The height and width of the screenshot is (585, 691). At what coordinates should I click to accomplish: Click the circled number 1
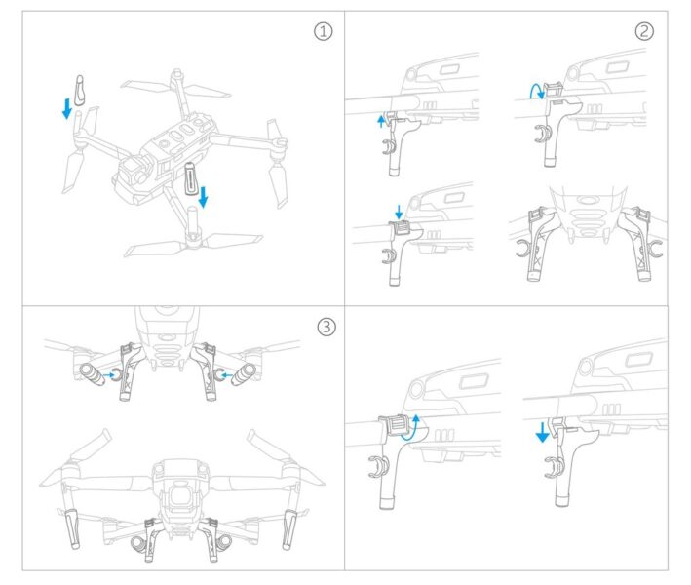pos(323,31)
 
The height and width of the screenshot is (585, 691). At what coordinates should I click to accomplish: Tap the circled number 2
pos(644,31)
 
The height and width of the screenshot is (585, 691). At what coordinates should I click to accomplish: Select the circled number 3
pos(326,327)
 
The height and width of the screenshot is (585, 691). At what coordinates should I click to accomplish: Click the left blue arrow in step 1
pos(67,106)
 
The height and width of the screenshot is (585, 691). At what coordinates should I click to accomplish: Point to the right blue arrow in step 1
pos(202,197)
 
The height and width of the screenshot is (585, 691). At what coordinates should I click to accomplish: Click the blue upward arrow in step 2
pos(381,120)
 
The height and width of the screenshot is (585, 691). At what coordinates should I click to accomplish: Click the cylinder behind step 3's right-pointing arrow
pos(91,372)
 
